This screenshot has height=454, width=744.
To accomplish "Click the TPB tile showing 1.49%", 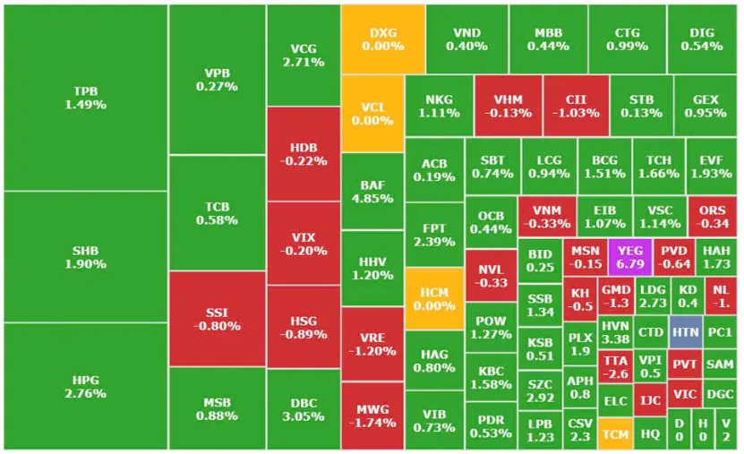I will [85, 98].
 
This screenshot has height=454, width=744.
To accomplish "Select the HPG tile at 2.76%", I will [85, 386].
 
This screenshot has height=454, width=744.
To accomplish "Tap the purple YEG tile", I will [630, 258].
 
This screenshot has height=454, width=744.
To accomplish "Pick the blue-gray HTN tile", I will [685, 331].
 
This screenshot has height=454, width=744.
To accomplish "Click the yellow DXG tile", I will [382, 39].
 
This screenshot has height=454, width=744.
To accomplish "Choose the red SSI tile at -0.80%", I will [217, 319].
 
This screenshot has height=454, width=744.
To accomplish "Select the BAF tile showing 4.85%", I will [372, 192].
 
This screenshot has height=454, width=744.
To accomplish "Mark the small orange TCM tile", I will [615, 433].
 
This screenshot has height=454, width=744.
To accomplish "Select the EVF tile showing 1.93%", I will [711, 167].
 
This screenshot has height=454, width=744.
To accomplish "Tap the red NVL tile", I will [490, 276].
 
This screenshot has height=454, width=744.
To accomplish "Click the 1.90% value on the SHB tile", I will [85, 264].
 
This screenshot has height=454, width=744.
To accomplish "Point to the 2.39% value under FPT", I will [434, 242].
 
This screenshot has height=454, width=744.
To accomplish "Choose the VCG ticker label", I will [303, 48].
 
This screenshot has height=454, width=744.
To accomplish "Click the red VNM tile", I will [546, 216].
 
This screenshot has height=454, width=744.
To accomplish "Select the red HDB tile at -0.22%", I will [303, 154].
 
